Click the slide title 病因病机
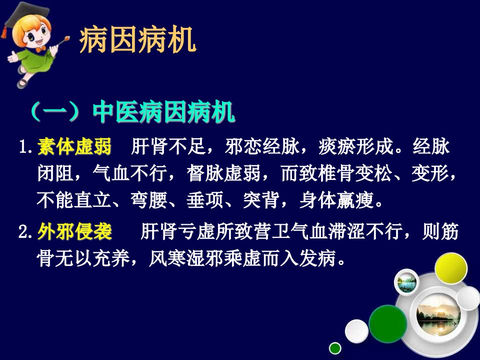[x=137, y=40]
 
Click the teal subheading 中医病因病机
[x=164, y=112]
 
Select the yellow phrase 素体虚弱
[x=74, y=146]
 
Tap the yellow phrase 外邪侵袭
[x=74, y=231]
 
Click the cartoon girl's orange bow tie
[x=40, y=48]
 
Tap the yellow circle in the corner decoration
[x=451, y=269]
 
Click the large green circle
[x=388, y=324]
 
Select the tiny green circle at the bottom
[x=335, y=348]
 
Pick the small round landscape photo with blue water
[x=407, y=282]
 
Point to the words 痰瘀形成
[x=355, y=146]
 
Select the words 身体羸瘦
[x=336, y=200]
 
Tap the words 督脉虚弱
[x=224, y=173]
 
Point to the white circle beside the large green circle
[x=356, y=331]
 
